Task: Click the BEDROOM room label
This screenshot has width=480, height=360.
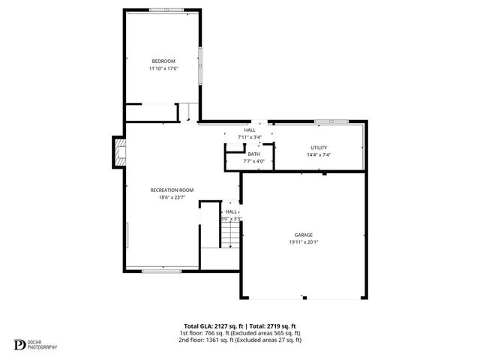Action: pos(163,61)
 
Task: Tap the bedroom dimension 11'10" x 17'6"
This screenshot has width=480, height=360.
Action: pos(163,68)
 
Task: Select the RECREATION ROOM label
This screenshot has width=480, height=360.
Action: pos(172,190)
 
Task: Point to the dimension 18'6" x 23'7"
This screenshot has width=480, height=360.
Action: pos(172,198)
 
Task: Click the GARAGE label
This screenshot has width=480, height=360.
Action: pos(303,235)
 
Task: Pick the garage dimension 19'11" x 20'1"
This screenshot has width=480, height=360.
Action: pos(303,242)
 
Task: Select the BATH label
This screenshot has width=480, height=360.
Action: pos(254,154)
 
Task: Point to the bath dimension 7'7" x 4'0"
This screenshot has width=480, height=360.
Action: pos(254,161)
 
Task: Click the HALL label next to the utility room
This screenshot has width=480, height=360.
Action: pos(250,130)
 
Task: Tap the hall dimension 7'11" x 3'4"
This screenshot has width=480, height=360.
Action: pos(250,137)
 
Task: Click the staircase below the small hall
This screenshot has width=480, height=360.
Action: pos(229,237)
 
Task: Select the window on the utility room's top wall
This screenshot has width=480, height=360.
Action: pos(330,121)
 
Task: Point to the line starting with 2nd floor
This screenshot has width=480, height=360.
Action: pos(239,340)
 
